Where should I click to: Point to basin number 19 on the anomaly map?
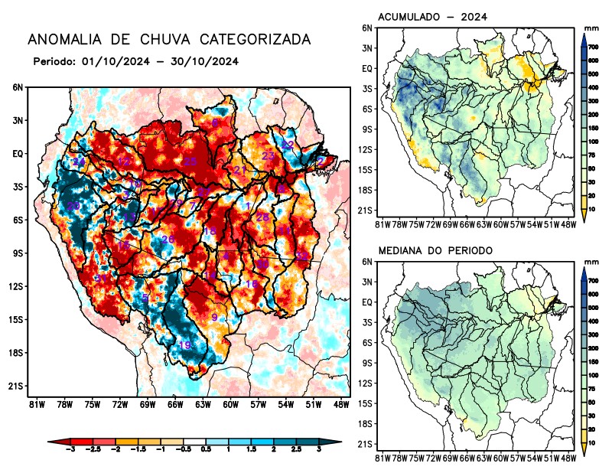point(184,346)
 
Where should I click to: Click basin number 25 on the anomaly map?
point(190,161)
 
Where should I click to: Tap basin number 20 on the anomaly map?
point(73,207)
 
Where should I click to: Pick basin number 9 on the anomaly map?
point(214,318)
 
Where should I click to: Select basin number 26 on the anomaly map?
point(168,240)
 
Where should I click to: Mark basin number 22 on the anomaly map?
point(288,145)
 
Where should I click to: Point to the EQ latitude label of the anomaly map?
point(18,154)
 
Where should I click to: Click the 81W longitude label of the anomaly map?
point(34,403)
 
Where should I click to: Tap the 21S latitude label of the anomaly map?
point(17,387)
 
